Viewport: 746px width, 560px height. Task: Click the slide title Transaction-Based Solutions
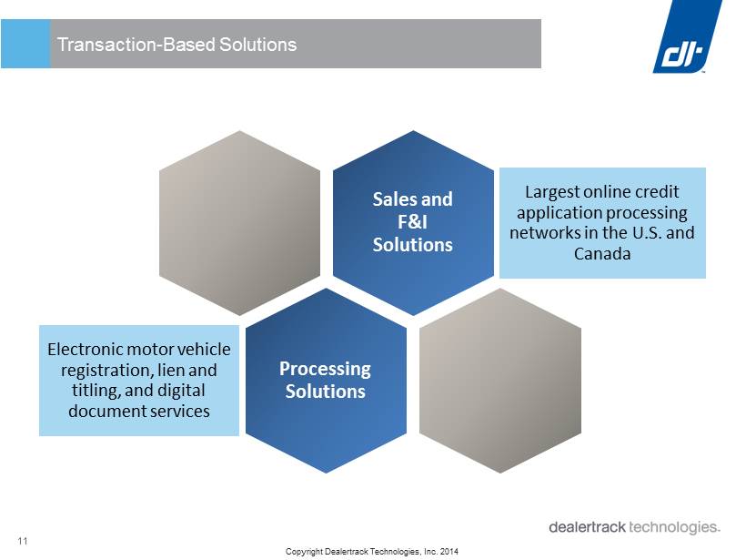tap(177, 45)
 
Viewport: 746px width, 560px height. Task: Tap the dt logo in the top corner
tap(687, 36)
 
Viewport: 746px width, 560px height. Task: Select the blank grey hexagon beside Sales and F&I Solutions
tap(239, 223)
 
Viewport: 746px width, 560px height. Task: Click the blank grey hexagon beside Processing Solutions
tap(500, 381)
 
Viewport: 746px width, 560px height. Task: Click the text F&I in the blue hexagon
tap(412, 222)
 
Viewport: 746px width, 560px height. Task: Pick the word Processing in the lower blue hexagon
tap(325, 370)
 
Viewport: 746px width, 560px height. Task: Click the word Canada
tap(602, 253)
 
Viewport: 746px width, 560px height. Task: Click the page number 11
tap(23, 541)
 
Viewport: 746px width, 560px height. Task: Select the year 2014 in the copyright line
tap(449, 552)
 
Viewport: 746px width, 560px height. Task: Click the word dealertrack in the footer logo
tap(587, 527)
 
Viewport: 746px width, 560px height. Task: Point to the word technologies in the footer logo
tap(675, 527)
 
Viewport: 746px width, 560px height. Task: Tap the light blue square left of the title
tap(25, 44)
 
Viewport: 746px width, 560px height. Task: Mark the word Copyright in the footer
tap(304, 552)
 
